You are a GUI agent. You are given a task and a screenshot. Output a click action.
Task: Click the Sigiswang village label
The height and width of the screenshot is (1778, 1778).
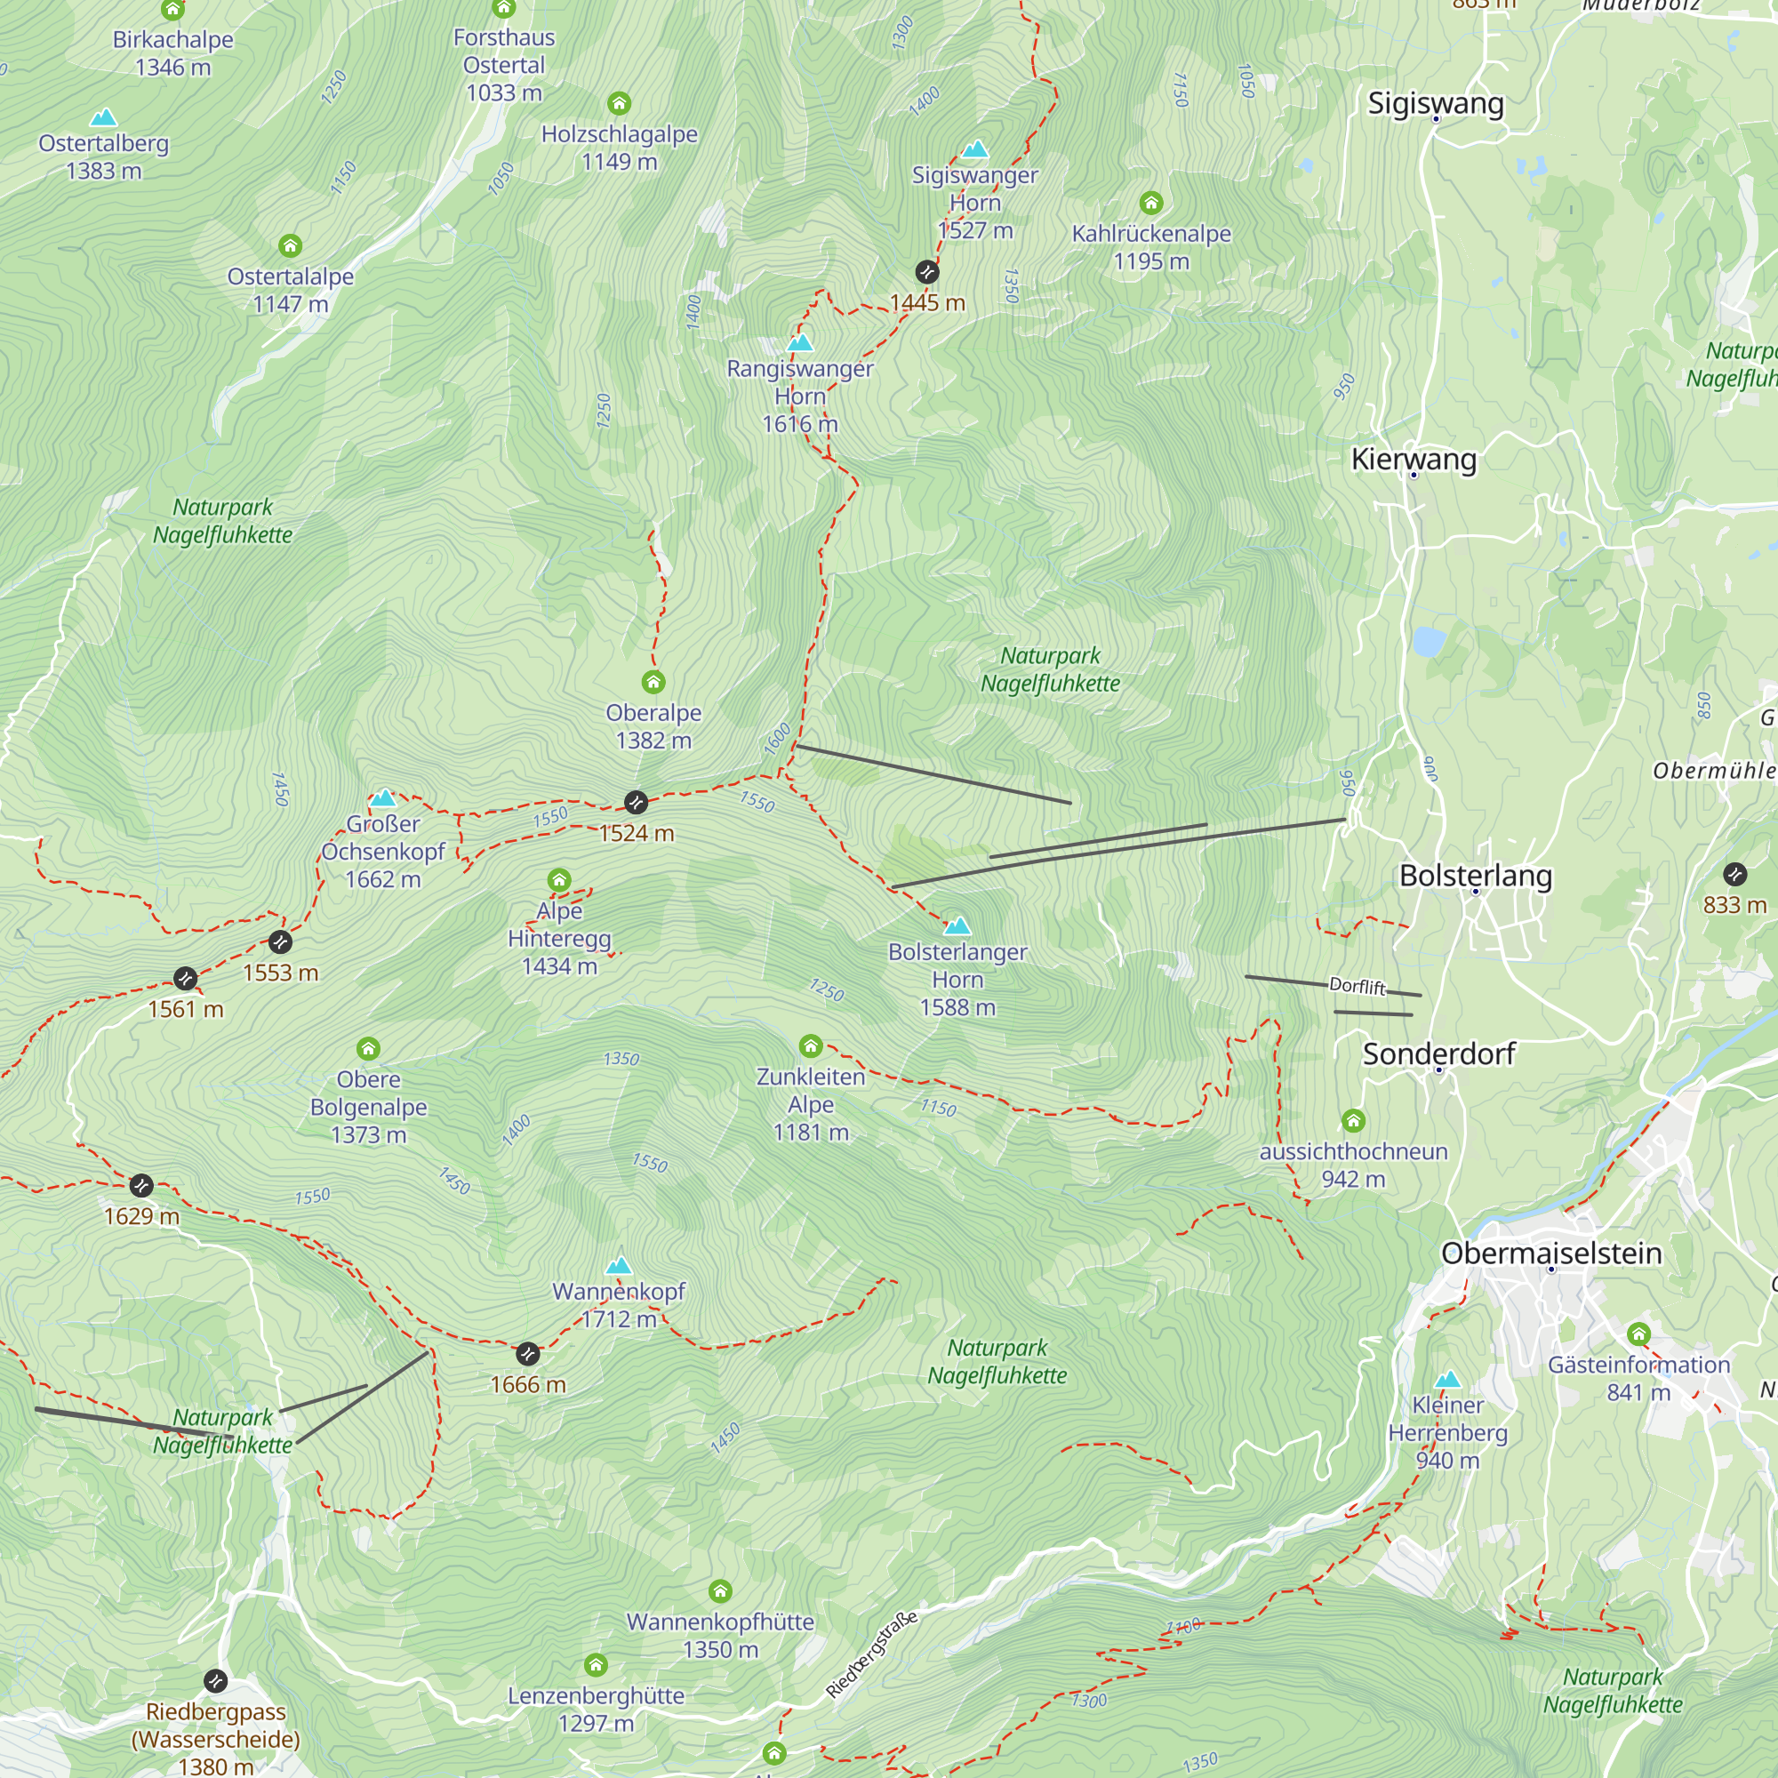click(x=1435, y=103)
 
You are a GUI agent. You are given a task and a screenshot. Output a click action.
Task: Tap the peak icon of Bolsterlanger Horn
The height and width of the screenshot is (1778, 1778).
click(x=957, y=925)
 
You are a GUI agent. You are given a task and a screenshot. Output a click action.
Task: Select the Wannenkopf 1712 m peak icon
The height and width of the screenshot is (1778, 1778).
click(x=620, y=1265)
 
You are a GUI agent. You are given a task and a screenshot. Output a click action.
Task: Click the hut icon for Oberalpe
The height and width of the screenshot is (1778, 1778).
click(x=653, y=682)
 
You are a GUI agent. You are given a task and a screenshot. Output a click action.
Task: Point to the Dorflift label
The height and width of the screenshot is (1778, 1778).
click(x=1357, y=986)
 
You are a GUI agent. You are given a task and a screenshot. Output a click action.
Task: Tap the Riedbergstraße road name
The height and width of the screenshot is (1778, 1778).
click(x=870, y=1654)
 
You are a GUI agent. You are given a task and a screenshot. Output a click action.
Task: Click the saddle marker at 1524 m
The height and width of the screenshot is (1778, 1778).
click(x=636, y=803)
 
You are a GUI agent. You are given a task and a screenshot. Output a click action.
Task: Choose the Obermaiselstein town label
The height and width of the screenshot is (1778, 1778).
click(x=1550, y=1253)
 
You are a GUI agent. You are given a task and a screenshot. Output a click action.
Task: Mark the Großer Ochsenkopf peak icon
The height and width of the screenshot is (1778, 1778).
click(x=383, y=798)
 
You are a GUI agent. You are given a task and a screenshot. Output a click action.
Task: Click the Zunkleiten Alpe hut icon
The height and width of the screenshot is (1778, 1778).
click(x=811, y=1046)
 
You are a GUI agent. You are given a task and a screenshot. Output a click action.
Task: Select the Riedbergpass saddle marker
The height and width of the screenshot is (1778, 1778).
click(x=215, y=1681)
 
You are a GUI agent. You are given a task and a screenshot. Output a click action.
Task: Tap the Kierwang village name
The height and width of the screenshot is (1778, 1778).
click(x=1413, y=460)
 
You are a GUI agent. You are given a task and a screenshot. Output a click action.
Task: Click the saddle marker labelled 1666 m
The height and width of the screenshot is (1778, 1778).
click(x=527, y=1354)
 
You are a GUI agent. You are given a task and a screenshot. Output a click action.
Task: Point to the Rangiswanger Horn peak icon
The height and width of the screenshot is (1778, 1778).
click(x=801, y=343)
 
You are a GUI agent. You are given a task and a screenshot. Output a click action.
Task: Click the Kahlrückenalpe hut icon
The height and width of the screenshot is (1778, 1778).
click(x=1151, y=203)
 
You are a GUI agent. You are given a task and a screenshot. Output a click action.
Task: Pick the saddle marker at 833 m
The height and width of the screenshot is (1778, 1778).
click(x=1734, y=874)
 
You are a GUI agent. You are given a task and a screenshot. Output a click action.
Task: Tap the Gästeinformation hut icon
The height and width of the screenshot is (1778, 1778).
click(x=1639, y=1333)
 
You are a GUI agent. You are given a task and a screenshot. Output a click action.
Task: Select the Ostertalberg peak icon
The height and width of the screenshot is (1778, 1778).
click(x=104, y=118)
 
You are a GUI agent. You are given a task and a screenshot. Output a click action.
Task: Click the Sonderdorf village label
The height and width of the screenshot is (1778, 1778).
click(x=1438, y=1053)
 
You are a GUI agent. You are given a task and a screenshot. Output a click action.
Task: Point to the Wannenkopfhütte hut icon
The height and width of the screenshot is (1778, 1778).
click(x=721, y=1591)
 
